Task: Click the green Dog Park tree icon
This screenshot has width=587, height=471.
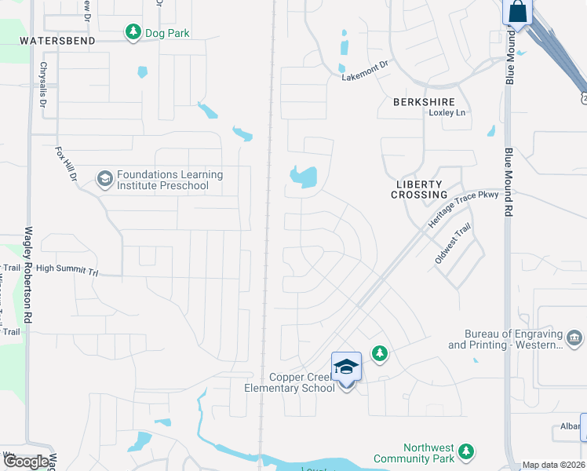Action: pyautogui.click(x=133, y=31)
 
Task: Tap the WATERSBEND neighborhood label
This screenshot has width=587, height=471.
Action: pyautogui.click(x=57, y=40)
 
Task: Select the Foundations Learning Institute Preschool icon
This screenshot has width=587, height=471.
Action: pyautogui.click(x=104, y=180)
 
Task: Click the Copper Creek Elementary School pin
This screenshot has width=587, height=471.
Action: pyautogui.click(x=346, y=367)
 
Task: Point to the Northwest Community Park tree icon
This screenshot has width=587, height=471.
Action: pyautogui.click(x=467, y=451)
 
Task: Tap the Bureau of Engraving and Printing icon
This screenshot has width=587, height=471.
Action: pyautogui.click(x=574, y=338)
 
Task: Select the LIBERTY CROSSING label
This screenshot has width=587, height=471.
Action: pyautogui.click(x=421, y=188)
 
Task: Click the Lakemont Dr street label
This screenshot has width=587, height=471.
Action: pyautogui.click(x=365, y=72)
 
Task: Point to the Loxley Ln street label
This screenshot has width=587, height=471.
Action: pyautogui.click(x=447, y=113)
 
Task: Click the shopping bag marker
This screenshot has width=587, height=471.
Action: pyautogui.click(x=518, y=12)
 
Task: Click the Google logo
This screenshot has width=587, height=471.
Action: pyautogui.click(x=26, y=462)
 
